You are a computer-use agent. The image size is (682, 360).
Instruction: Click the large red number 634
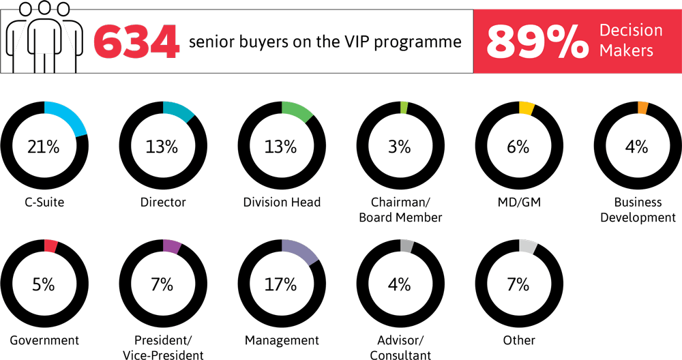click(137, 42)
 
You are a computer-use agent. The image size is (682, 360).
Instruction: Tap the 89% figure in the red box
click(537, 42)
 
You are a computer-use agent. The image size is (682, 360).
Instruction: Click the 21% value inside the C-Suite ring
click(44, 146)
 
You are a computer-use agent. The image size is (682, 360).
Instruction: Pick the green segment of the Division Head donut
click(297, 110)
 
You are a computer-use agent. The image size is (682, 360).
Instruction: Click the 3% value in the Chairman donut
click(400, 146)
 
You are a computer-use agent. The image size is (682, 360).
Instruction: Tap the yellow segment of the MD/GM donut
click(527, 108)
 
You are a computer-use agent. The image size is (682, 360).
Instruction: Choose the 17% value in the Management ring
click(281, 284)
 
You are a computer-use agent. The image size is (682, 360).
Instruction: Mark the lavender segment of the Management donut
click(301, 250)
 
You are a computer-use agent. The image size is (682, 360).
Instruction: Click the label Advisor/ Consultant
click(400, 348)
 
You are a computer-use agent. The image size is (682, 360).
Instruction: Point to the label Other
click(519, 340)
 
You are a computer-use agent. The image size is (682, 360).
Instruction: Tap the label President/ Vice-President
click(162, 348)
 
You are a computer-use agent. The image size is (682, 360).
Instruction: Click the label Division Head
click(282, 202)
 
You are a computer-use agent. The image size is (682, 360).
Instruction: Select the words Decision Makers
click(630, 40)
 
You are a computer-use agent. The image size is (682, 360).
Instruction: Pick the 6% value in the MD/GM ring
click(519, 146)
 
